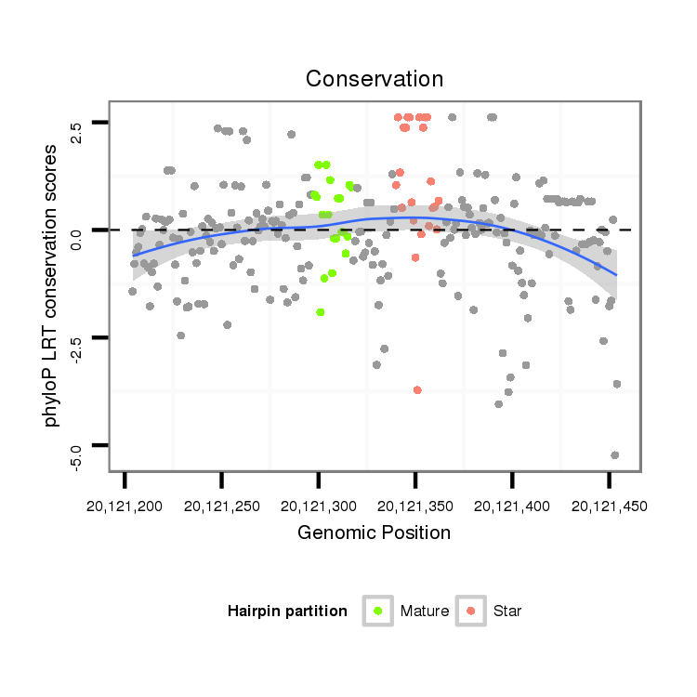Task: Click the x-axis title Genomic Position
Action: [375, 533]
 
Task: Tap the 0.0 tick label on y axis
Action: [75, 230]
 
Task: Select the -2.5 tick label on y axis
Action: [75, 337]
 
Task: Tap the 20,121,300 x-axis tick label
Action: [319, 506]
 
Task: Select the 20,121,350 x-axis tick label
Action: [415, 506]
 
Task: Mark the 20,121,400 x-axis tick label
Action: [512, 506]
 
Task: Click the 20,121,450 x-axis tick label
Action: [609, 506]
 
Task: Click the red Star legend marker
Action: [471, 611]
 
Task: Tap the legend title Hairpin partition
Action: [287, 612]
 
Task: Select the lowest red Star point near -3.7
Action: [417, 389]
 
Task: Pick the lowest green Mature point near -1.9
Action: [320, 312]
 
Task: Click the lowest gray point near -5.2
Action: [614, 454]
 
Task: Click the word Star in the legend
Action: [507, 612]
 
